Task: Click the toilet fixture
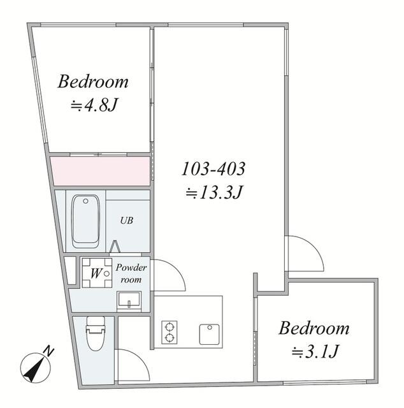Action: [x=96, y=333]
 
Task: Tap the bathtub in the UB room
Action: [x=85, y=221]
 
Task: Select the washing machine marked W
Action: [x=97, y=273]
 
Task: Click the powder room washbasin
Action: [x=129, y=301]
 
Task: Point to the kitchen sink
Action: [x=210, y=334]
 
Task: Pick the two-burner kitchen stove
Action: [x=170, y=332]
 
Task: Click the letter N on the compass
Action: [x=48, y=351]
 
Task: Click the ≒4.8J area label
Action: [x=94, y=105]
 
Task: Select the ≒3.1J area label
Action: [x=315, y=351]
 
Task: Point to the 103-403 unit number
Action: [x=213, y=168]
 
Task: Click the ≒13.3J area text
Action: [x=214, y=193]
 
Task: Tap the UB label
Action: [x=127, y=221]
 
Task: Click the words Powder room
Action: [x=131, y=273]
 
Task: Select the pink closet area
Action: [x=101, y=171]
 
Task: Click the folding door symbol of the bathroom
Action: [x=115, y=247]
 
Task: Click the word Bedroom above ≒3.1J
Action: [x=314, y=328]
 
